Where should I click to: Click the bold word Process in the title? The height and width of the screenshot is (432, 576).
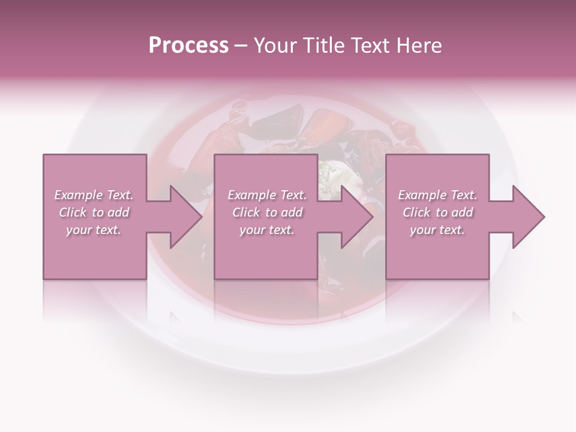[x=188, y=45]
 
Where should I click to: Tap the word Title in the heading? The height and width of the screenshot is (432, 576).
[x=324, y=45]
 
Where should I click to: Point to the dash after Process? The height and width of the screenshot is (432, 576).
[x=241, y=46]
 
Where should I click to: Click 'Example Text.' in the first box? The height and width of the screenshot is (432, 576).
[x=94, y=195]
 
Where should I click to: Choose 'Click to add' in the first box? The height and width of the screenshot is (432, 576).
[x=94, y=212]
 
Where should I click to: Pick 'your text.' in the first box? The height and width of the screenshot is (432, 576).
[x=94, y=230]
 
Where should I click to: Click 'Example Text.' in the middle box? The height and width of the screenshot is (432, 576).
[x=266, y=195]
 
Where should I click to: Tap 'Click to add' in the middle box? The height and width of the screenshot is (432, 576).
[x=266, y=212]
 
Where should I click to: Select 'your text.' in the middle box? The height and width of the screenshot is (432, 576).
[x=266, y=230]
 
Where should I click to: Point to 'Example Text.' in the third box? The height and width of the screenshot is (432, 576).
[x=437, y=195]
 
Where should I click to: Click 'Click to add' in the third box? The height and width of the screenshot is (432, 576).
[x=437, y=212]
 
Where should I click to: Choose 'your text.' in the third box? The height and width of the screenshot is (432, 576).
[x=437, y=230]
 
